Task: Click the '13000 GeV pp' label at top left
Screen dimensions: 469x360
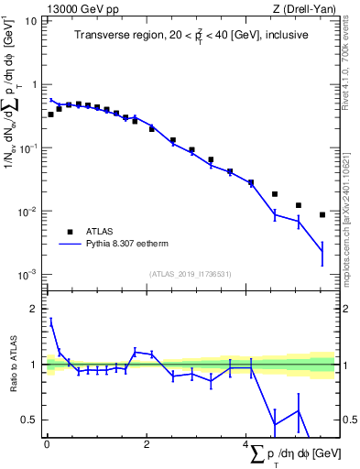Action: pyautogui.click(x=77, y=9)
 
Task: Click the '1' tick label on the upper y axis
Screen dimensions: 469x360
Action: pyautogui.click(x=34, y=84)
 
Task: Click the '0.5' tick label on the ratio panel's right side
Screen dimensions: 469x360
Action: pyautogui.click(x=347, y=420)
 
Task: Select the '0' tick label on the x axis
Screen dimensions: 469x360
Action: pyautogui.click(x=47, y=444)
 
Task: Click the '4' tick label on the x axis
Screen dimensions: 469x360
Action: pyautogui.click(x=246, y=444)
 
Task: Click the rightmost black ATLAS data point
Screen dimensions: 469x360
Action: pyautogui.click(x=322, y=214)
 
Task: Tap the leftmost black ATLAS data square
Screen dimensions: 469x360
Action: pyautogui.click(x=50, y=115)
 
